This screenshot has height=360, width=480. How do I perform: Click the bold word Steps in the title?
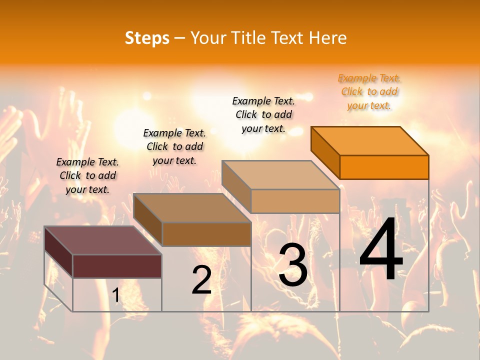pyautogui.click(x=147, y=38)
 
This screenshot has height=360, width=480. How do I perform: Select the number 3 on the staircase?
pyautogui.click(x=293, y=265)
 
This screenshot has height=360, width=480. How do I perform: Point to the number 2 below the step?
pyautogui.click(x=202, y=280)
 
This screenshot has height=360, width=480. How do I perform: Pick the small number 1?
pyautogui.click(x=116, y=295)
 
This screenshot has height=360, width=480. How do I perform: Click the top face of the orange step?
pyautogui.click(x=370, y=140)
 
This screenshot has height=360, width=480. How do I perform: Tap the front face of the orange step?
pyautogui.click(x=384, y=167)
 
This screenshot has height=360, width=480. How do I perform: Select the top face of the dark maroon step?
pyautogui.click(x=102, y=240)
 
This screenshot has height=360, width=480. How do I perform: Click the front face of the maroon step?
pyautogui.click(x=117, y=266)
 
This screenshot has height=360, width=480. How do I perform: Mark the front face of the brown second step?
pyautogui.click(x=206, y=234)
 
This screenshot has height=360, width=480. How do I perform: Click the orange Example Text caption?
pyautogui.click(x=369, y=92)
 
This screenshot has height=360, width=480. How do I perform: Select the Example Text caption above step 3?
pyautogui.click(x=264, y=114)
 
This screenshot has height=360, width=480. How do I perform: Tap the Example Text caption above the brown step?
pyautogui.click(x=174, y=146)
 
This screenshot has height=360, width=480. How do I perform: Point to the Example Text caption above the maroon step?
pyautogui.click(x=87, y=175)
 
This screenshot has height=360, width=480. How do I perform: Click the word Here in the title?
pyautogui.click(x=327, y=38)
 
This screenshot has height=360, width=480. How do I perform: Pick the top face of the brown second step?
pyautogui.click(x=192, y=208)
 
